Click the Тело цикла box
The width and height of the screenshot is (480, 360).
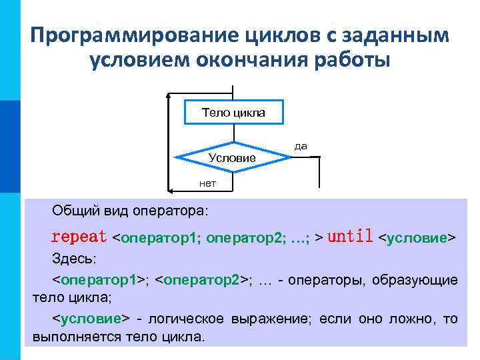[x=233, y=112]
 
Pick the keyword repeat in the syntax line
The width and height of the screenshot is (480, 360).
[x=79, y=237]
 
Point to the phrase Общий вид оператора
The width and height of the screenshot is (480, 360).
[x=130, y=211]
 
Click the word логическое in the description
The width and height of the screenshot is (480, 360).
[x=186, y=319]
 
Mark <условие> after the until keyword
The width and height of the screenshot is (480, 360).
[x=417, y=237]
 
